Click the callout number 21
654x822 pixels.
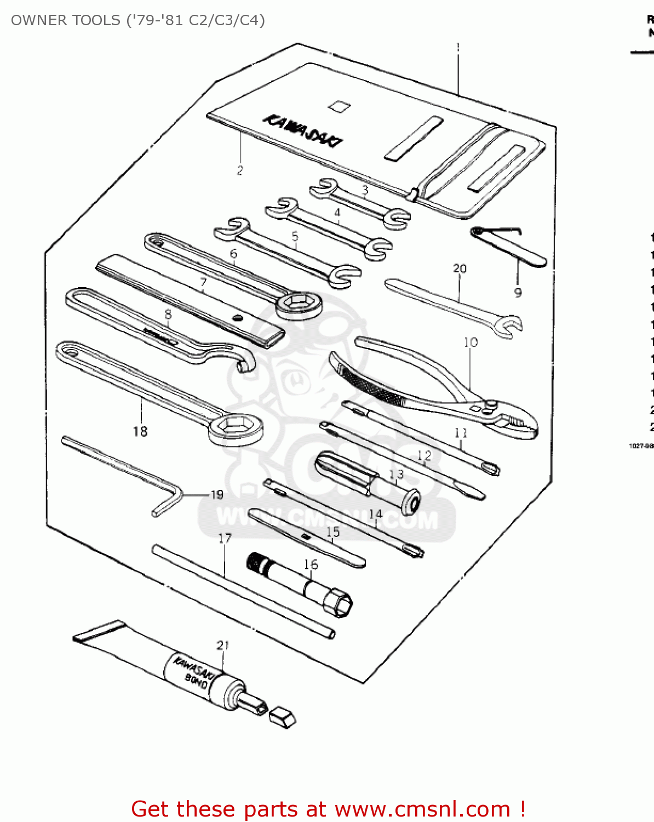222,645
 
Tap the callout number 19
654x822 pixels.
217,495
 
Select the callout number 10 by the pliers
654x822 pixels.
471,342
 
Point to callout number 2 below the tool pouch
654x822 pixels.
240,170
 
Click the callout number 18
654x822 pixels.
140,431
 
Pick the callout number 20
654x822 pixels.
460,269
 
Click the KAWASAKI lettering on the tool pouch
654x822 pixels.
303,130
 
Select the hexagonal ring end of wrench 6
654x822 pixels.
299,305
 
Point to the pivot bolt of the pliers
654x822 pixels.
489,406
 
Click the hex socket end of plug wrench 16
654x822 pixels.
337,603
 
